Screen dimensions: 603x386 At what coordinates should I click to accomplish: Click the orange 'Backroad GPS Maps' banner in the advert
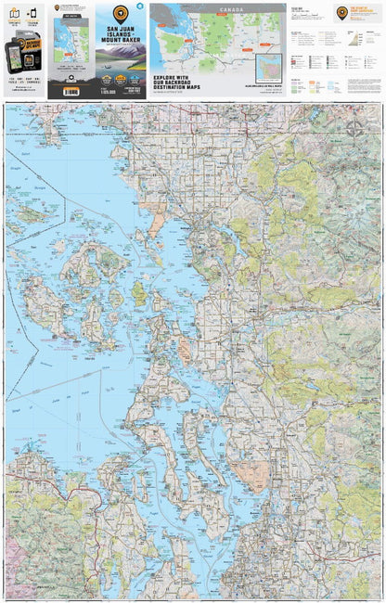pyautogui.click(x=27, y=44)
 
